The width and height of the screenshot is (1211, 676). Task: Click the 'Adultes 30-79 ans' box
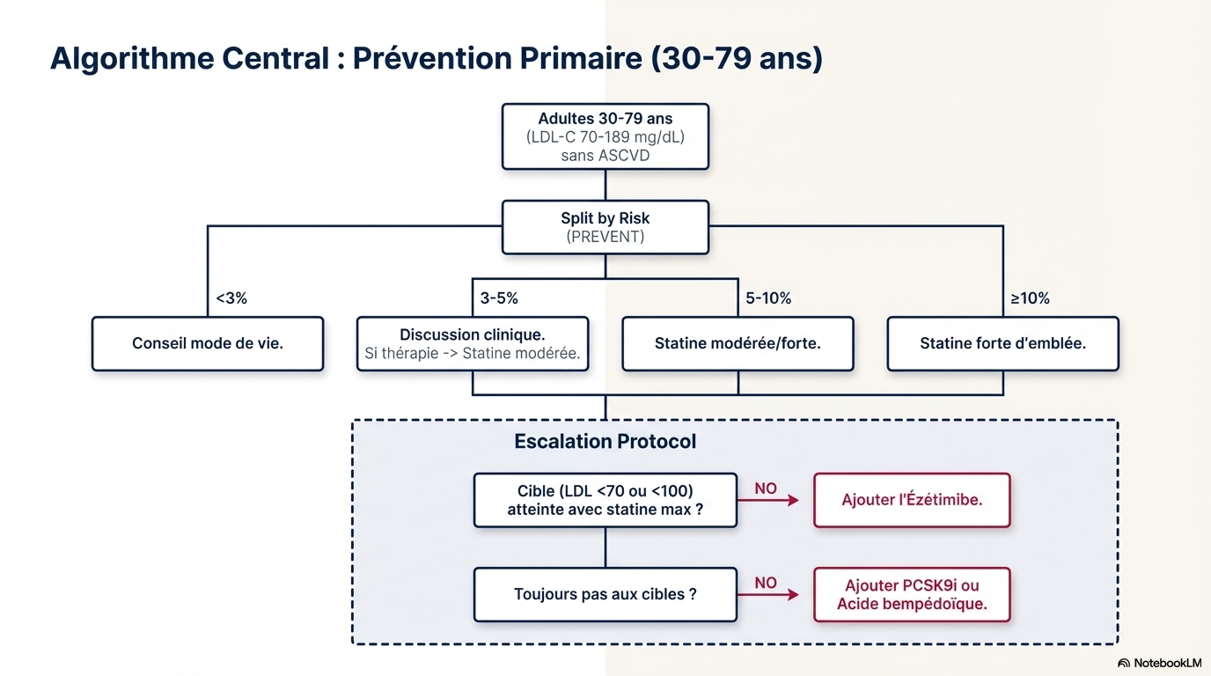coord(605,136)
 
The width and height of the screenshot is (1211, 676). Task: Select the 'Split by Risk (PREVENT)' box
coord(605,227)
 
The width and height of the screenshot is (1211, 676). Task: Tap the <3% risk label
coord(231,298)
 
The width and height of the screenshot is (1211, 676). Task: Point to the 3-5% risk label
coord(499,298)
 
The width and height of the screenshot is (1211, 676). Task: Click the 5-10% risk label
coord(768,298)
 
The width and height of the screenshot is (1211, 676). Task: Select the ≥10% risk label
coord(1030,298)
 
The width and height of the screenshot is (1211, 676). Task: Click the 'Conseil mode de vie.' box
coord(208,343)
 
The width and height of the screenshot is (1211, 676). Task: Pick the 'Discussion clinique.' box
coord(472,343)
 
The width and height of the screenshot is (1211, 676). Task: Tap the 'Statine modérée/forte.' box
coord(738,343)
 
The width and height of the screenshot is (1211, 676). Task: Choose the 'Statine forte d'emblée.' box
coord(1002,343)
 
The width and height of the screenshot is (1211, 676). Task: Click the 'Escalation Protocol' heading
coord(605,442)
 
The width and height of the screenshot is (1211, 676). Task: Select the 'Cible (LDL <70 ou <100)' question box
coord(605,500)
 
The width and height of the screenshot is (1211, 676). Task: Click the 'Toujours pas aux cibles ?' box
coord(605,594)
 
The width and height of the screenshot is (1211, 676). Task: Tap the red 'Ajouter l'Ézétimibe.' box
coord(912,500)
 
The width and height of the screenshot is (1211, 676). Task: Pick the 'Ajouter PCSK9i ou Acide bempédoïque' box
coord(912,594)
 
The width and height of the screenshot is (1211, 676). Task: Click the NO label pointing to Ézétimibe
coord(766,489)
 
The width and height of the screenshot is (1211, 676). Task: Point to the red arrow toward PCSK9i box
coord(768,595)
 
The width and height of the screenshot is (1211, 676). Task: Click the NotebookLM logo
coord(1159,663)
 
